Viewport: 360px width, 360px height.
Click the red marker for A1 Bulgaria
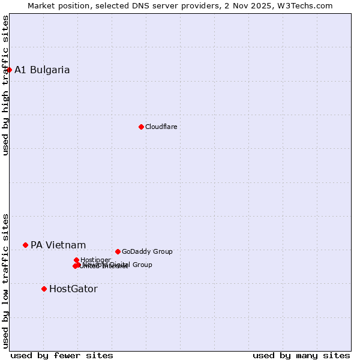coord(9,70)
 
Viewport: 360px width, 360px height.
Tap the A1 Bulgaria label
coord(42,70)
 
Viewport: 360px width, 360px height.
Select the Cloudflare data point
coord(141,127)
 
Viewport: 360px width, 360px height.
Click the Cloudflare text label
coord(161,127)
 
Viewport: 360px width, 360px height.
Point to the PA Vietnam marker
coord(25,245)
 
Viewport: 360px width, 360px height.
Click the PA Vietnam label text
coord(58,245)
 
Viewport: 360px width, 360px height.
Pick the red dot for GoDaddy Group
coord(118,251)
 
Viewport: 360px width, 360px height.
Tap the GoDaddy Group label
coord(147,251)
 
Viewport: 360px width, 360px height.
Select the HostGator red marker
coord(44,289)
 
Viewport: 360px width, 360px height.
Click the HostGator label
coord(73,289)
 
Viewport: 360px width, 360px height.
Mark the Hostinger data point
coord(76,260)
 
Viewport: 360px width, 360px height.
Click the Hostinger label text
coord(95,260)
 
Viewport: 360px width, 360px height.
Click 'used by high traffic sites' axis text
coord(6,85)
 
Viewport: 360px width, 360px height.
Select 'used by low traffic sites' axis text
coord(6,281)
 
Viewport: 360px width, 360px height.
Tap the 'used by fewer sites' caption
coord(62,355)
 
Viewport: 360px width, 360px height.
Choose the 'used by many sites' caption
coord(301,355)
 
